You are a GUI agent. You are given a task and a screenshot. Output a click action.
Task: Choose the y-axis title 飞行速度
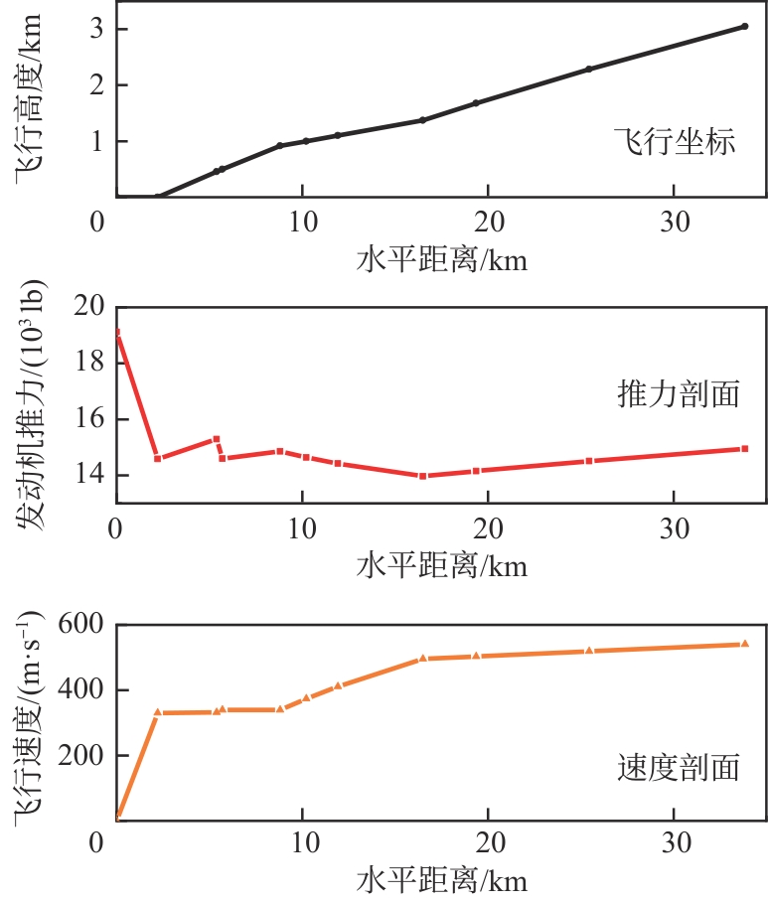coord(28,720)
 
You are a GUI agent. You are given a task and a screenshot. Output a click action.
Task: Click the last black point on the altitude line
coord(744,26)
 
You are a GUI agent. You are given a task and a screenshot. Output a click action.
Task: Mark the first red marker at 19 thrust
coord(117,333)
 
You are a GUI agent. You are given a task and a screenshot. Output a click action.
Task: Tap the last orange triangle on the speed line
coord(744,644)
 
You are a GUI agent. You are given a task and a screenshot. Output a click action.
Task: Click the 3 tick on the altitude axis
coord(97,28)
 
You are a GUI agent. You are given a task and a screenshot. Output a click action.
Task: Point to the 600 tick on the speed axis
coord(82,626)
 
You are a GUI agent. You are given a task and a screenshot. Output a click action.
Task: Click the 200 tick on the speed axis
coord(82,756)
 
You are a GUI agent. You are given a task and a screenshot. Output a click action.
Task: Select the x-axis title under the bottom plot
coord(441,880)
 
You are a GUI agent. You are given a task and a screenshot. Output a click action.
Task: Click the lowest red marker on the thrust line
coord(422,476)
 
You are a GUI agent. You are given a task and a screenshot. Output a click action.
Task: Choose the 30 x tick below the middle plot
coord(675,529)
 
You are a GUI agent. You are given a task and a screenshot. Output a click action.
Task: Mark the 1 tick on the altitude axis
coord(97,141)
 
